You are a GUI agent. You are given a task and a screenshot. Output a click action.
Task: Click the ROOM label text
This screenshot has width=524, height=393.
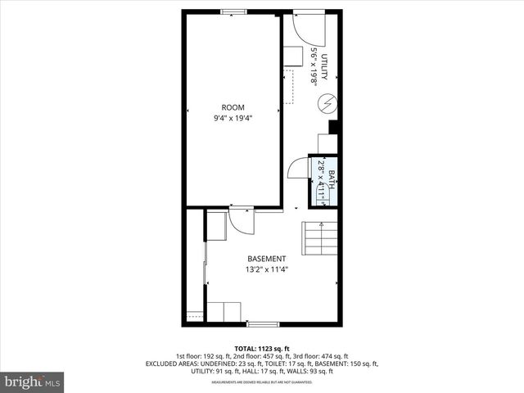(233, 107)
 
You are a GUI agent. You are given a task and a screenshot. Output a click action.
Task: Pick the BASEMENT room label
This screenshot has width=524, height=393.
(266, 259)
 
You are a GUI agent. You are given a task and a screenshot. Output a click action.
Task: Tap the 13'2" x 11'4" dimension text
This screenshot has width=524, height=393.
(266, 269)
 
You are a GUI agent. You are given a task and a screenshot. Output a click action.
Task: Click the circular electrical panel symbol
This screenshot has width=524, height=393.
(327, 104)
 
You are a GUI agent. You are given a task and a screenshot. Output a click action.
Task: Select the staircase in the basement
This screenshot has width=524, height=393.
(320, 237)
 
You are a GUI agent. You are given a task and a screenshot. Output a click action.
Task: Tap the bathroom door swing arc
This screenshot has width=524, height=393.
(296, 171)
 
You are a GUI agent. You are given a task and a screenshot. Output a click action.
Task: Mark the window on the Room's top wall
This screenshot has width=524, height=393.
(233, 11)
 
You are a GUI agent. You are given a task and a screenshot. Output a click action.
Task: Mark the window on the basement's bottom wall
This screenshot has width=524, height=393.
(257, 324)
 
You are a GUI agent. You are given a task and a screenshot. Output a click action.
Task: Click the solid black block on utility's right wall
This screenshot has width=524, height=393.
(333, 126)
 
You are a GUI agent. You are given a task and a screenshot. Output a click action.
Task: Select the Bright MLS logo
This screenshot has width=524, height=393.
(33, 382)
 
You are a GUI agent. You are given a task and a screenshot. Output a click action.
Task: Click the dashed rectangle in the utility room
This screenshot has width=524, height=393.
(288, 87)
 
